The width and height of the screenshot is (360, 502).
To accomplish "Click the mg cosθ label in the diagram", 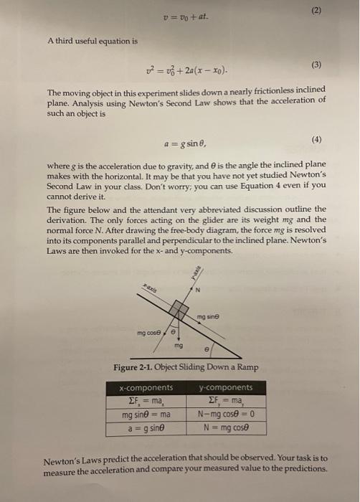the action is [152, 333].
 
